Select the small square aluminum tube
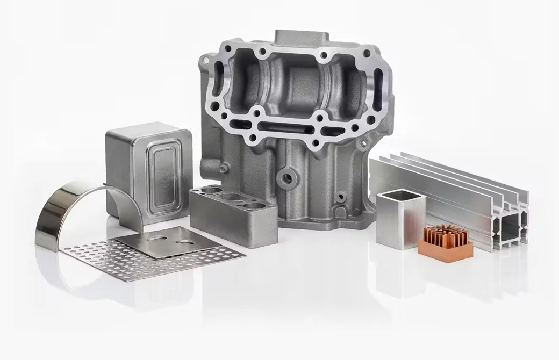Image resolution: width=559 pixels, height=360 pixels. pos(400,220)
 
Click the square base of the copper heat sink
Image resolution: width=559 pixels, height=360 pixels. pos(445,250)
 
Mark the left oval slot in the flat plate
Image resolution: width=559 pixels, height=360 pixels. pos(158,237)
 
